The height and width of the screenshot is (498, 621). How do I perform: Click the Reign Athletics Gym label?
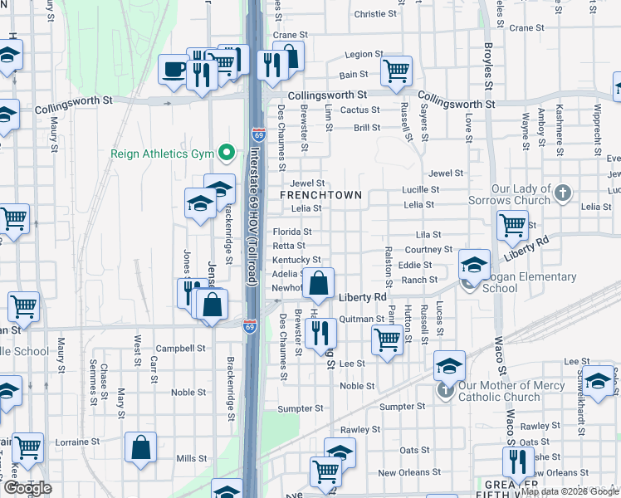click(161, 154)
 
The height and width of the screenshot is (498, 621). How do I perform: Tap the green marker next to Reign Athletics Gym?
click(225, 154)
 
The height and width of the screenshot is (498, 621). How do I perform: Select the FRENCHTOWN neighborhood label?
click(320, 195)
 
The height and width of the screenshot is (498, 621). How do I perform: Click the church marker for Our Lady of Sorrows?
click(563, 193)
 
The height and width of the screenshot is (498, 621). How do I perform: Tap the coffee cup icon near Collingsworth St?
click(174, 70)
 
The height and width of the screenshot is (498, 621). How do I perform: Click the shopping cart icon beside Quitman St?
click(387, 339)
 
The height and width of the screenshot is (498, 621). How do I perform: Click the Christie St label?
click(375, 14)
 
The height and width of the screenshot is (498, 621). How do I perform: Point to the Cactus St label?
click(359, 110)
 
